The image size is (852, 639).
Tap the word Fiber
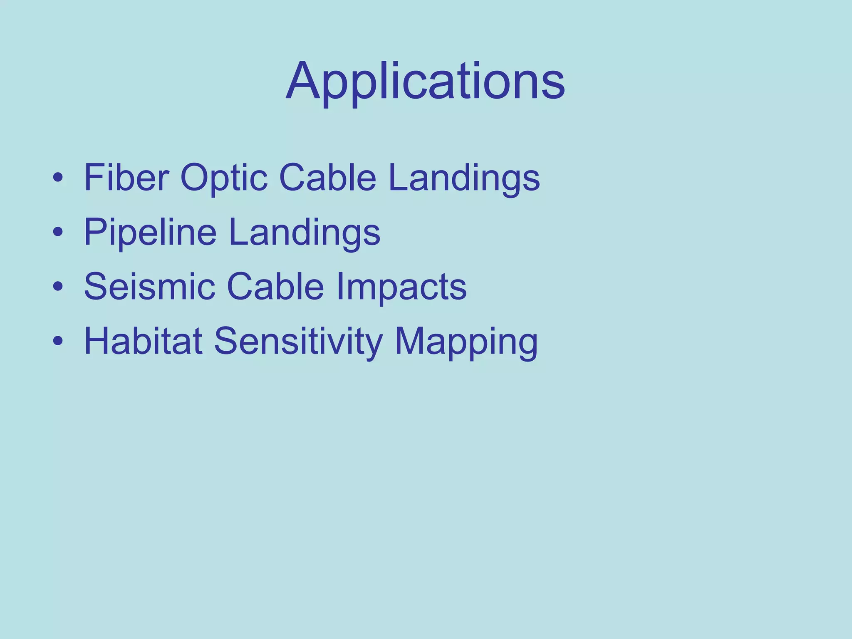pos(126,178)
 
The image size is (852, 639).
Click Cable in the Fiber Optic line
pos(328,178)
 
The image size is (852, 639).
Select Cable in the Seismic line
pos(275,287)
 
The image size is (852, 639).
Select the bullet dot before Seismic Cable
pos(58,287)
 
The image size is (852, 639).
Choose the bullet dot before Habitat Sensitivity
pos(58,342)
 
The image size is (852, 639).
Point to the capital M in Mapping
pos(410,341)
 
